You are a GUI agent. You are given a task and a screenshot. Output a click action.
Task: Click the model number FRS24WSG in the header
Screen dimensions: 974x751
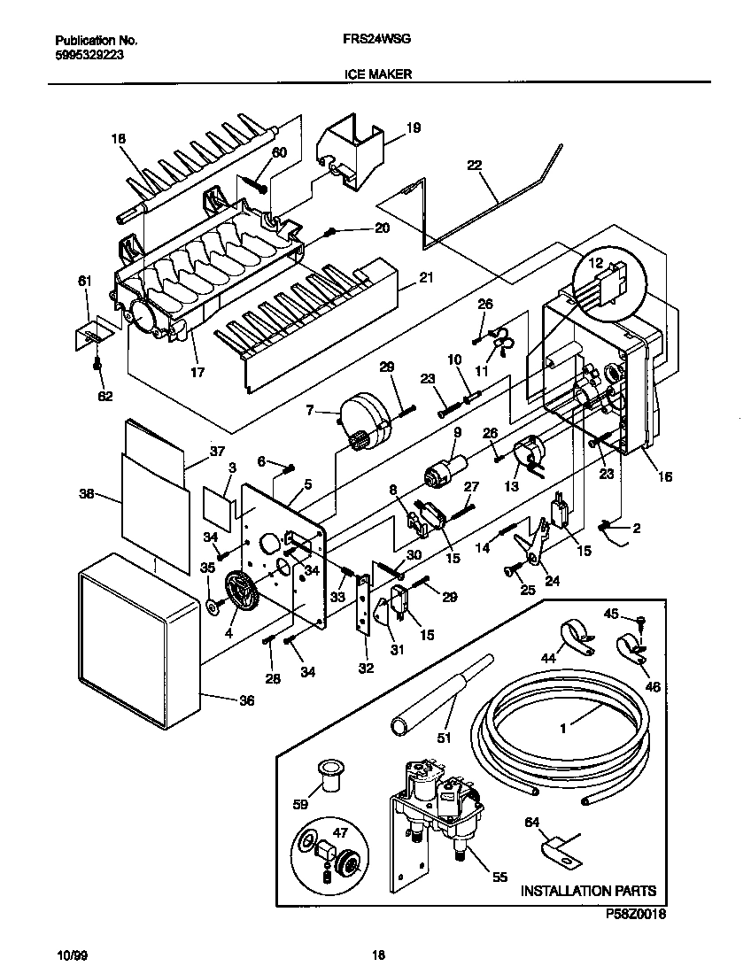(375, 41)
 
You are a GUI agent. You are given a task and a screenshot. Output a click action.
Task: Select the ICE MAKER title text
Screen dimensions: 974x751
(377, 75)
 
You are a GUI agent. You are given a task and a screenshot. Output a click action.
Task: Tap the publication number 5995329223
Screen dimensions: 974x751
(86, 53)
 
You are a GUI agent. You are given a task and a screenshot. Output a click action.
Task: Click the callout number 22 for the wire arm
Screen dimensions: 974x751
(476, 166)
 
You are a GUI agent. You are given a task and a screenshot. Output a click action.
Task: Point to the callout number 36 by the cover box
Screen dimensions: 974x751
(246, 701)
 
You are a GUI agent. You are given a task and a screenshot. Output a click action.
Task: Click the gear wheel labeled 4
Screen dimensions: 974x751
(240, 591)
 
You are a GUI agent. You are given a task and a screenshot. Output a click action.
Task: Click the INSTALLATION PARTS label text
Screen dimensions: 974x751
(588, 890)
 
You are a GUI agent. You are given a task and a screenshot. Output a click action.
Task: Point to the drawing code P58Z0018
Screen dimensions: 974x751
(635, 912)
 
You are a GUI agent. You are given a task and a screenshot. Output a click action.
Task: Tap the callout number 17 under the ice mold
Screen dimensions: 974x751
(197, 373)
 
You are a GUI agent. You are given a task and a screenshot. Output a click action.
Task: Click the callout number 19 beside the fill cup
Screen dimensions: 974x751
(414, 128)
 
